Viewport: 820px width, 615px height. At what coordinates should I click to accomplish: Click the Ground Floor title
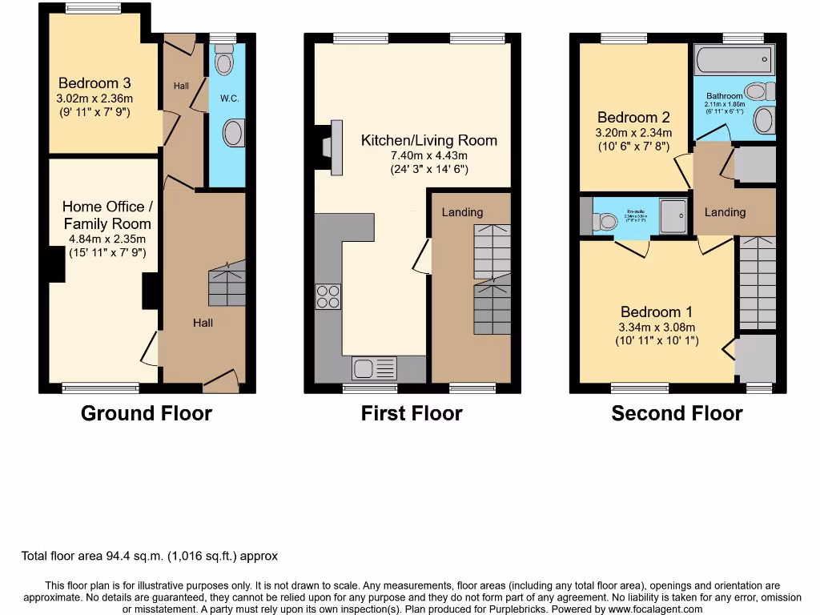(x=147, y=413)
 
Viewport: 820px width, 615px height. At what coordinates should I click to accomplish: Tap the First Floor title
(x=412, y=413)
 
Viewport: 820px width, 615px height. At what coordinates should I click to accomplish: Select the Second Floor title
(x=677, y=413)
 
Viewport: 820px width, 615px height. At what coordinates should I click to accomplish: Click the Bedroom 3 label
(x=94, y=82)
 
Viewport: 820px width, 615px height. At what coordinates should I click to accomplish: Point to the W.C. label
(x=230, y=98)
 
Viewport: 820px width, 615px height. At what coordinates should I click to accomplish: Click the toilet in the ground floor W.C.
(x=224, y=59)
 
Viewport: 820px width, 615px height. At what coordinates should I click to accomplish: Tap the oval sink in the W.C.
(x=233, y=133)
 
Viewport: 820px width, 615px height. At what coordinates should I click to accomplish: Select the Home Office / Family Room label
(x=107, y=215)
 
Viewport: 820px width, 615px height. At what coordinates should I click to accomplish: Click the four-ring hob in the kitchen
(x=328, y=296)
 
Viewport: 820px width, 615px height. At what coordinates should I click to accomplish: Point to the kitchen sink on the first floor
(x=374, y=369)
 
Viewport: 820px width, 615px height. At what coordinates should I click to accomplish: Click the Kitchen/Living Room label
(x=429, y=140)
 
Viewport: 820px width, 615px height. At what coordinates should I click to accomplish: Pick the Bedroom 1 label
(x=657, y=312)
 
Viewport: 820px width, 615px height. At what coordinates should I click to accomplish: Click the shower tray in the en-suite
(x=673, y=216)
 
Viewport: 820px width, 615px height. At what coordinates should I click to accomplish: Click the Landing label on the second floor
(x=725, y=212)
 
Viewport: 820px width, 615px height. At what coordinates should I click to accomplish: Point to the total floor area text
(x=150, y=556)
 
